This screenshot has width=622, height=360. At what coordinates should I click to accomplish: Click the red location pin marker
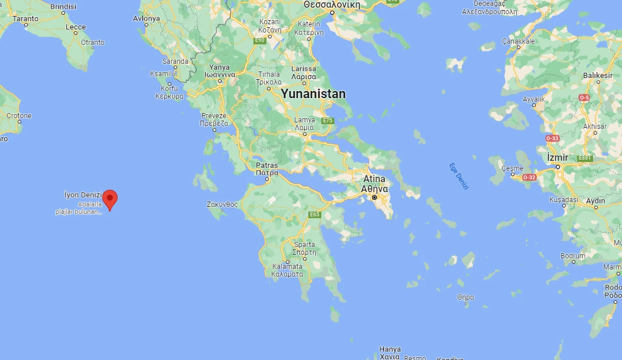point(110,199)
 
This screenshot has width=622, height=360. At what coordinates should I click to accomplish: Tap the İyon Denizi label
point(83,195)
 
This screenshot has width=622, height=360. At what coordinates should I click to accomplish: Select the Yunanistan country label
point(313,94)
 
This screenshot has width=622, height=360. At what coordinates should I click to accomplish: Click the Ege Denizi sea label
point(458,176)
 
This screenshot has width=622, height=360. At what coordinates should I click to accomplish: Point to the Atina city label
point(374,179)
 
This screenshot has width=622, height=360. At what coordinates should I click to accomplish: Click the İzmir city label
point(557,158)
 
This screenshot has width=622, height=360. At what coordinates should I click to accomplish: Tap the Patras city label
point(267,166)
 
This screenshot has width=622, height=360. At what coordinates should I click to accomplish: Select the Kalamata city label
point(287,267)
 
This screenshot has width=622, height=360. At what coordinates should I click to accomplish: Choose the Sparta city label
point(304,245)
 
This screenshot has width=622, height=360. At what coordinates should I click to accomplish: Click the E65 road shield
point(314,215)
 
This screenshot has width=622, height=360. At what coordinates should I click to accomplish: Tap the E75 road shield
point(328,121)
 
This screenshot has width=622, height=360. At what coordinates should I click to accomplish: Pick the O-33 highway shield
point(552,138)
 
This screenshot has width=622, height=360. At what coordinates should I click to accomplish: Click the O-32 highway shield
point(529,177)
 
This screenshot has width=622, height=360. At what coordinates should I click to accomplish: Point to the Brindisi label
point(63,7)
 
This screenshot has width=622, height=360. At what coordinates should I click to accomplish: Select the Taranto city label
point(25,19)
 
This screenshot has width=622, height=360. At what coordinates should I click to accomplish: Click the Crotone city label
point(19,115)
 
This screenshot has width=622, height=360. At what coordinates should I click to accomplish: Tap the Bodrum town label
point(573,256)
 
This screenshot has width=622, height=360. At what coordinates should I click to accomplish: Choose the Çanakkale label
point(518,41)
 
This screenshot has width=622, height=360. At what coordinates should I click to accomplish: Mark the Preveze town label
point(214,116)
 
